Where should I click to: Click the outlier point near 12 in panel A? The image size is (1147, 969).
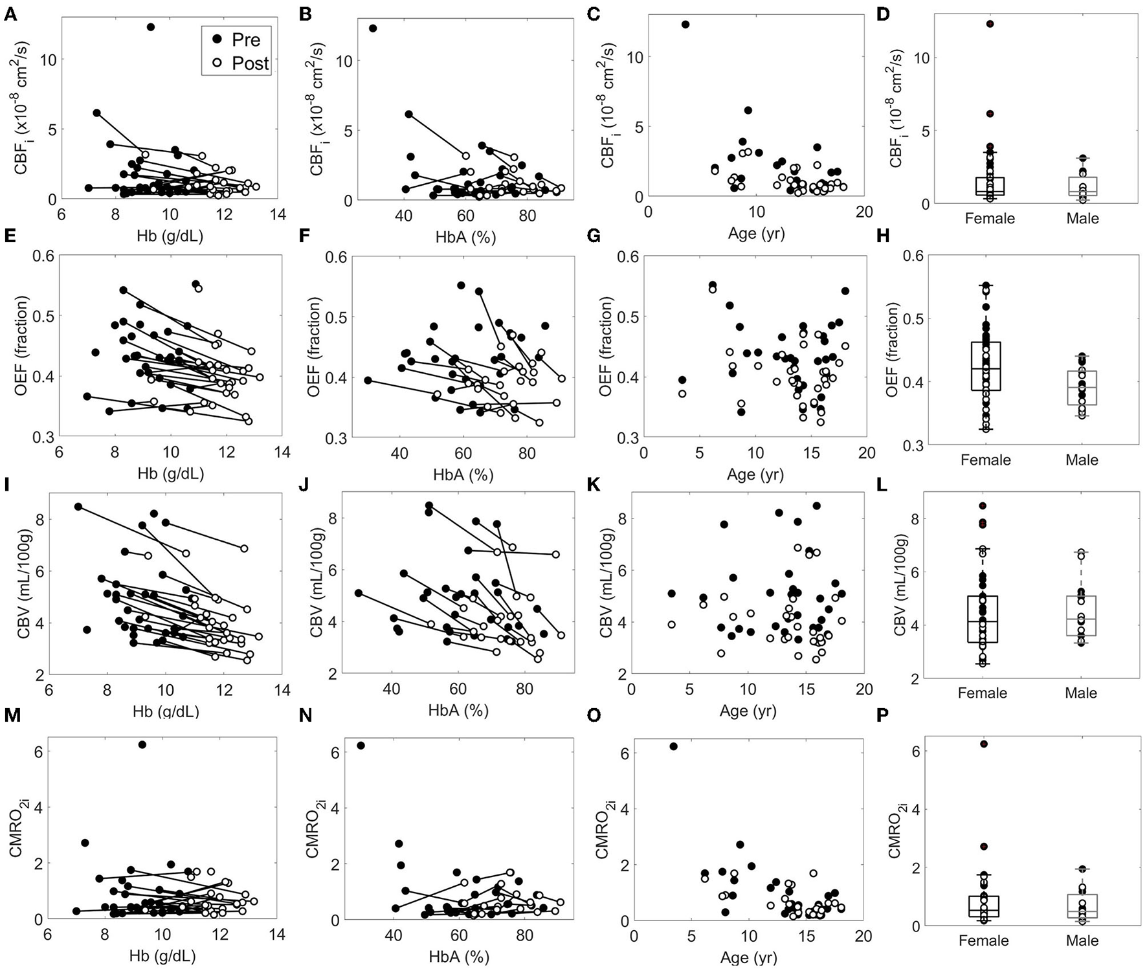click(151, 27)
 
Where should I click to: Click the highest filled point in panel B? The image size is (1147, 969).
click(373, 28)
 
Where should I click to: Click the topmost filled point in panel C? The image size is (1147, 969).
click(685, 25)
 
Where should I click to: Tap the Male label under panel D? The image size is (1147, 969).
click(1082, 219)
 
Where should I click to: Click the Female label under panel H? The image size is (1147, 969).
click(985, 460)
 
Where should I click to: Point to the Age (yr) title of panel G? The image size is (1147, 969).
click(755, 474)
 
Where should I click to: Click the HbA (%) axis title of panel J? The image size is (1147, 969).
click(458, 710)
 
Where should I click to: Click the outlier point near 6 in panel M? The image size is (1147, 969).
click(142, 745)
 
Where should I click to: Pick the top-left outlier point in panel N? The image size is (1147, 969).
click(361, 746)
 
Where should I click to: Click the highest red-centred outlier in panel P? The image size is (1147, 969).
click(984, 744)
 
